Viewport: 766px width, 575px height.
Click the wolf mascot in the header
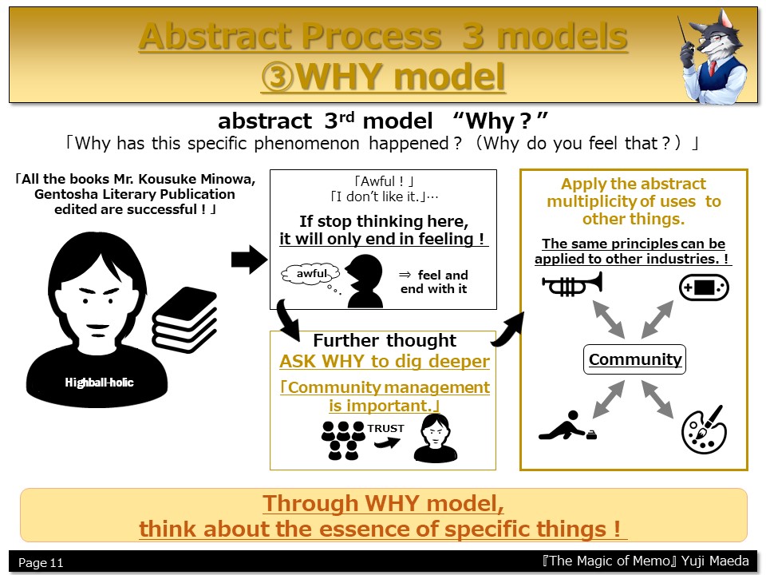714,55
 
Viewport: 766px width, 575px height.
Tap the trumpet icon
572,284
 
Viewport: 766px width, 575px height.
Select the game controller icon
704,287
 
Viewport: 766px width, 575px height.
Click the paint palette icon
704,430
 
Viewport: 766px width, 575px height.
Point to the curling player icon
567,426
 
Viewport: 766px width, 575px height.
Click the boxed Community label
634,359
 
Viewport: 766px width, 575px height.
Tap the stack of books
184,319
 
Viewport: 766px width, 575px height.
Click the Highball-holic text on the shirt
99,383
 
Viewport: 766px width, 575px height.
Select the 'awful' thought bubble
310,274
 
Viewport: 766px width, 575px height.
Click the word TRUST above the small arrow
386,428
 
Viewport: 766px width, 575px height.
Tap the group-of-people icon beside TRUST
343,440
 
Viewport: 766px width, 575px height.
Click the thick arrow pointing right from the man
249,260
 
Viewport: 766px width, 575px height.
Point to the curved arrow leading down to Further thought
288,320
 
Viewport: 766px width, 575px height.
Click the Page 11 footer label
41,563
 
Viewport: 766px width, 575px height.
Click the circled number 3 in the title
278,77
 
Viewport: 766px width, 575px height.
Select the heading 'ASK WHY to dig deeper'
385,361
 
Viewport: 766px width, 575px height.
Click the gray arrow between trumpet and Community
609,319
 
